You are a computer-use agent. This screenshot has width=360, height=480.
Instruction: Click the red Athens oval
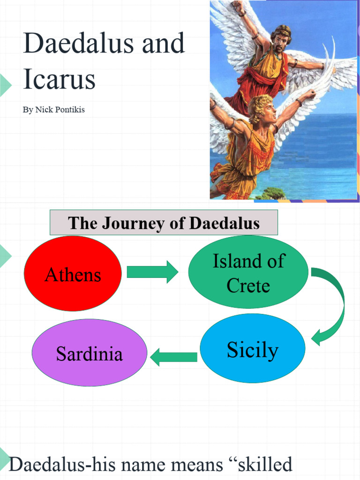(x=73, y=274)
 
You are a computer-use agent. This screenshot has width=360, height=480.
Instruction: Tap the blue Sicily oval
(x=252, y=349)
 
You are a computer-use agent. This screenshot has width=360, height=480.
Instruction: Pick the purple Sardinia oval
(x=89, y=353)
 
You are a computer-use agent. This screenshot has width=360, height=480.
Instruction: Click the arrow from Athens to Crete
(x=152, y=272)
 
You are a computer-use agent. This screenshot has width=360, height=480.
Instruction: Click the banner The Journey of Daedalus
(x=164, y=223)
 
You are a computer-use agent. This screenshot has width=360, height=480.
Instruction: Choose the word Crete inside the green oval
(x=248, y=285)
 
